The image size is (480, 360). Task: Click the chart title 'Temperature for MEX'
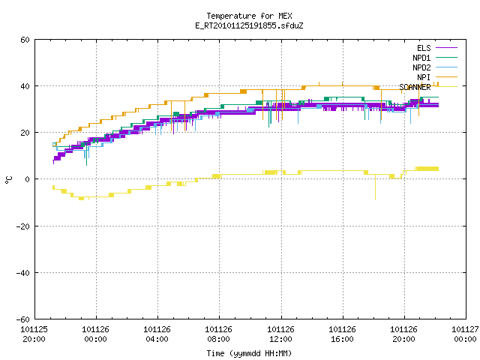[x=249, y=16]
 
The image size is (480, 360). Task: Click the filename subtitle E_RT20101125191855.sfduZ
[x=249, y=25]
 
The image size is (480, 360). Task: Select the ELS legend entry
[x=437, y=48]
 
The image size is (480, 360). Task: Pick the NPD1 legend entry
[x=435, y=58]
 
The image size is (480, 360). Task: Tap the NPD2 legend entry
[x=435, y=67]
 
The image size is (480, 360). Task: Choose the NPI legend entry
[x=437, y=77]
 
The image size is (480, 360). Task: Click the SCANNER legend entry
[x=428, y=87]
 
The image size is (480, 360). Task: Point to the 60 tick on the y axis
[x=25, y=40]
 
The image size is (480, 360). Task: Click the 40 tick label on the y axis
[x=25, y=86]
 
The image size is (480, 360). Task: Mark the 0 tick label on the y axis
[x=27, y=179]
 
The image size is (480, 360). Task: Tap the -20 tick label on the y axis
[x=23, y=226]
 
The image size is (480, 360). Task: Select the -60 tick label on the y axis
[x=23, y=319]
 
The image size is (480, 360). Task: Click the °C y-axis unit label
[x=8, y=180]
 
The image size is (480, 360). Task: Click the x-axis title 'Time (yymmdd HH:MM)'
[x=249, y=353]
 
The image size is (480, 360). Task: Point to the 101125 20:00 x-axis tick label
[x=34, y=334]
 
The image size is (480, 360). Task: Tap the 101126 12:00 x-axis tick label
[x=280, y=334]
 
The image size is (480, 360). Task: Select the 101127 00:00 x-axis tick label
[x=465, y=334]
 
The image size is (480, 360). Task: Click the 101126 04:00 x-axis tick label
[x=157, y=334]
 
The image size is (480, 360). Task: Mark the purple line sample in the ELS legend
[x=447, y=48]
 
